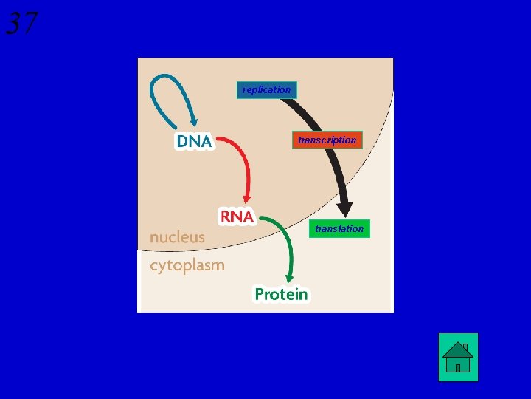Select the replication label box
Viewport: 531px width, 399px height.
point(266,90)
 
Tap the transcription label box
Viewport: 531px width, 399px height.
point(327,140)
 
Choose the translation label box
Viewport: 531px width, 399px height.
point(339,229)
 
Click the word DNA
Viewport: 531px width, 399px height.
point(194,141)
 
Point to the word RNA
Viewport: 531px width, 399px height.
point(237,216)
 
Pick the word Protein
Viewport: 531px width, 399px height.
point(281,294)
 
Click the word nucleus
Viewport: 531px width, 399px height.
point(177,237)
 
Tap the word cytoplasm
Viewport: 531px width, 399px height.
point(187,265)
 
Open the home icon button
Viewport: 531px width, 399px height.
point(458,357)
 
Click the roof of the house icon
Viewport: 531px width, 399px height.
point(458,349)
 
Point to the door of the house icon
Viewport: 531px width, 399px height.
point(458,366)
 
